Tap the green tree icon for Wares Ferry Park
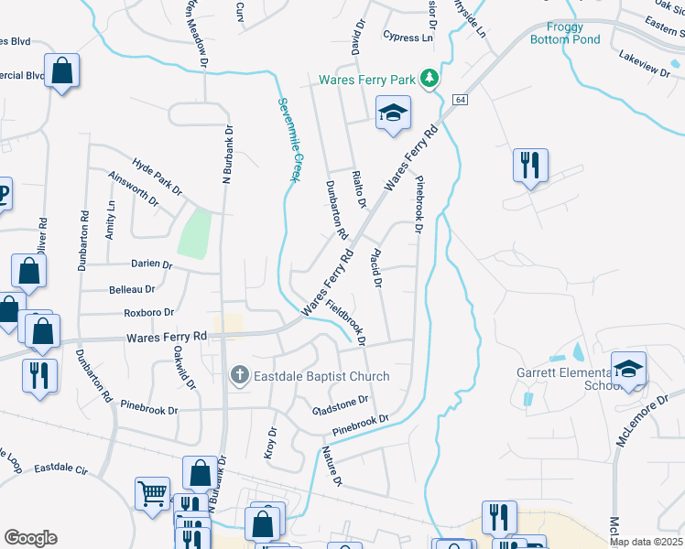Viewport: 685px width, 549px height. (x=428, y=80)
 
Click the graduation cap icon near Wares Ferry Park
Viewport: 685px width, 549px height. (x=394, y=113)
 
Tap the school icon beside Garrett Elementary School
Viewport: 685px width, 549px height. (x=629, y=369)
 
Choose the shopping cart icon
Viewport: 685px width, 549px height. (x=152, y=493)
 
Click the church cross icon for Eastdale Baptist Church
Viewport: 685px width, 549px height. (x=239, y=375)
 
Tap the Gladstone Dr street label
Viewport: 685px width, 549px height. (x=340, y=400)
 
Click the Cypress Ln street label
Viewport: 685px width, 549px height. (x=408, y=38)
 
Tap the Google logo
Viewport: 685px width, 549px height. (x=30, y=537)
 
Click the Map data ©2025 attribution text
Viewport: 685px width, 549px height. (x=646, y=542)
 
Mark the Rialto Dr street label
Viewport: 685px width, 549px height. (x=360, y=190)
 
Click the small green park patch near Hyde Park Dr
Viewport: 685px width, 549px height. (x=194, y=233)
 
